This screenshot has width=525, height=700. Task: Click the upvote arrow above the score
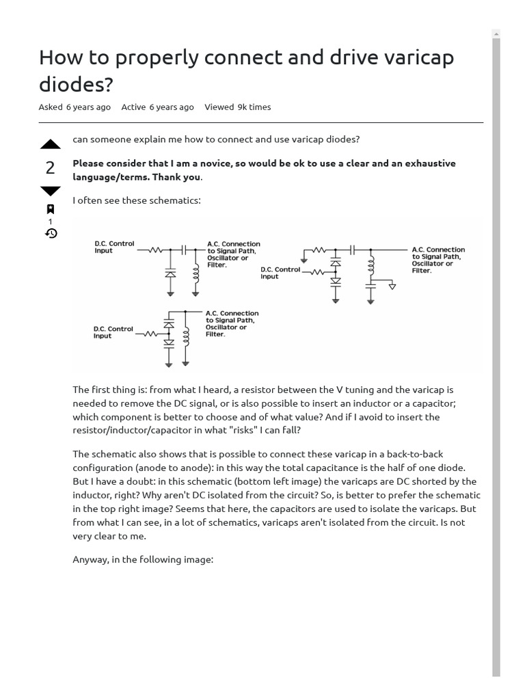click(50, 144)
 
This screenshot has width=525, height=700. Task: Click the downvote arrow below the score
click(50, 191)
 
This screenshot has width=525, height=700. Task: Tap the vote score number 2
click(50, 168)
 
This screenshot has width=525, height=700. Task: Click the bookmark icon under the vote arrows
click(50, 209)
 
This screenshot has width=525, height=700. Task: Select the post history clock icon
click(50, 233)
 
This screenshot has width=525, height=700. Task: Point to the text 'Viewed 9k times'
click(237, 107)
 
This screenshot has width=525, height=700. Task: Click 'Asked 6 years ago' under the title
click(75, 107)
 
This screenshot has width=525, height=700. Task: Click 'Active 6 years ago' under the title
click(157, 107)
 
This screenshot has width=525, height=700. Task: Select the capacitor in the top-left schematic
click(183, 251)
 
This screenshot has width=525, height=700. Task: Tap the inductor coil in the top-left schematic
click(196, 273)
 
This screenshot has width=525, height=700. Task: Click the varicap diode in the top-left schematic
click(170, 273)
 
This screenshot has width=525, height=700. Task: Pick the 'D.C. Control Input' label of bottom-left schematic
click(113, 332)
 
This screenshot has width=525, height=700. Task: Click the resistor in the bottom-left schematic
click(150, 334)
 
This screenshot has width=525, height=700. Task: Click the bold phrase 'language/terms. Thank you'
click(137, 177)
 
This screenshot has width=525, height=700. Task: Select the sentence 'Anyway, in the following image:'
click(143, 559)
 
